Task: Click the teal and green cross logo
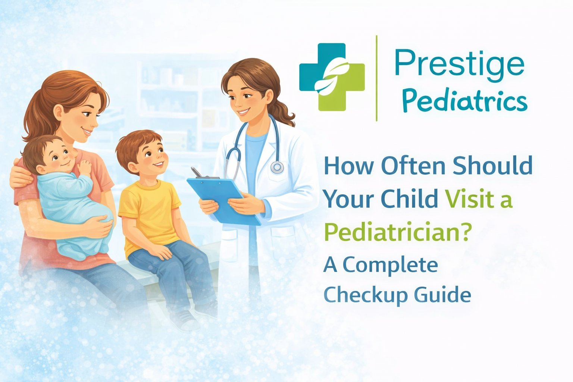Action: tap(332, 77)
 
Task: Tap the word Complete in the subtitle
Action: tap(390, 265)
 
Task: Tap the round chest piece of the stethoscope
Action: tap(277, 167)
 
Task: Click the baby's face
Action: tap(60, 156)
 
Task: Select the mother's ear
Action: tap(59, 111)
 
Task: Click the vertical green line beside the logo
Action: tap(376, 78)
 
